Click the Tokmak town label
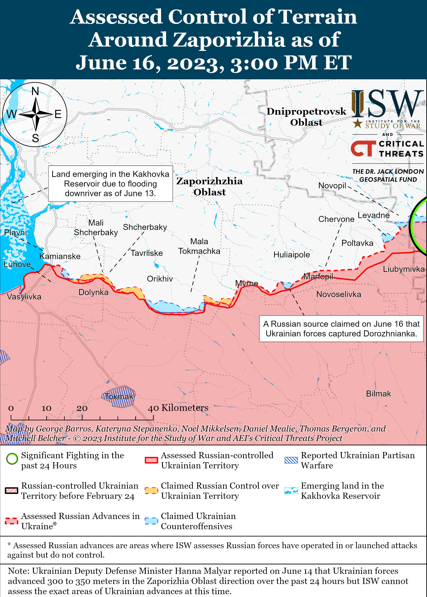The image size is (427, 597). pyautogui.click(x=119, y=396)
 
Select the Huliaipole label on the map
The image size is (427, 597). pyautogui.click(x=291, y=255)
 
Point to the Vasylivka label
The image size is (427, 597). pyautogui.click(x=24, y=297)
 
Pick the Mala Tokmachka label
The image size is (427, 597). pyautogui.click(x=199, y=246)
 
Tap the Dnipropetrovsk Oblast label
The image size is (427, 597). pyautogui.click(x=306, y=117)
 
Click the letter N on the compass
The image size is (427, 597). pyautogui.click(x=35, y=91)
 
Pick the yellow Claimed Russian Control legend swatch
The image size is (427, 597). pyautogui.click(x=151, y=490)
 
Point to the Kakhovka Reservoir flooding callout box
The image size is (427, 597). pyautogui.click(x=110, y=184)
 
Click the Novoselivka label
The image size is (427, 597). pyautogui.click(x=338, y=294)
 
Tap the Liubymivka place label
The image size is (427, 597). pyautogui.click(x=403, y=269)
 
